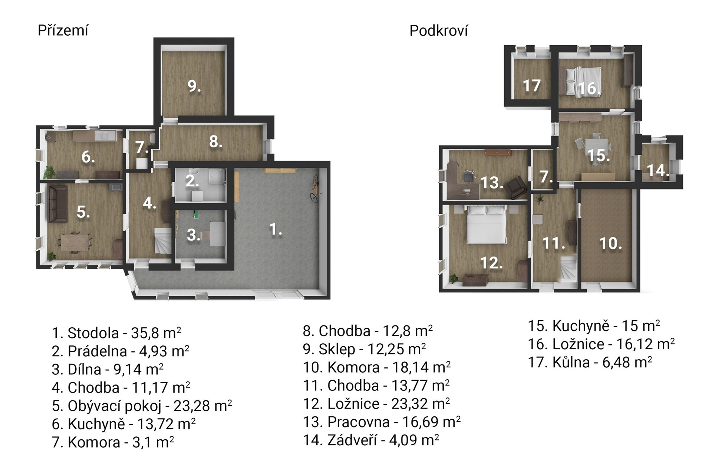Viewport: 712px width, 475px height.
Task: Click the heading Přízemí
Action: click(63, 31)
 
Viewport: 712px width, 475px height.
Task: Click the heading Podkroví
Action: click(439, 31)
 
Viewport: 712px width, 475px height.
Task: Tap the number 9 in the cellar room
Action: click(194, 86)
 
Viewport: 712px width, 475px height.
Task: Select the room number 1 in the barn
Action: click(275, 229)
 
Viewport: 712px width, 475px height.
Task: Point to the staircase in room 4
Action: click(163, 241)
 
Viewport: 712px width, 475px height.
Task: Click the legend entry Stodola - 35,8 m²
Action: click(116, 333)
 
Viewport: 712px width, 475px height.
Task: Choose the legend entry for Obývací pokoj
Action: click(142, 406)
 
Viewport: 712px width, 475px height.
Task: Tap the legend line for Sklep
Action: click(365, 349)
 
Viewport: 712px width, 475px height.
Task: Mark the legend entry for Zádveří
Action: click(371, 440)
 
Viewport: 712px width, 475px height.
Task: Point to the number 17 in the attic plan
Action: click(531, 86)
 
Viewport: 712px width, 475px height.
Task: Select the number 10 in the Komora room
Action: click(611, 243)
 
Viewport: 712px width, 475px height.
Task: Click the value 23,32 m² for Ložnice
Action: click(421, 403)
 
